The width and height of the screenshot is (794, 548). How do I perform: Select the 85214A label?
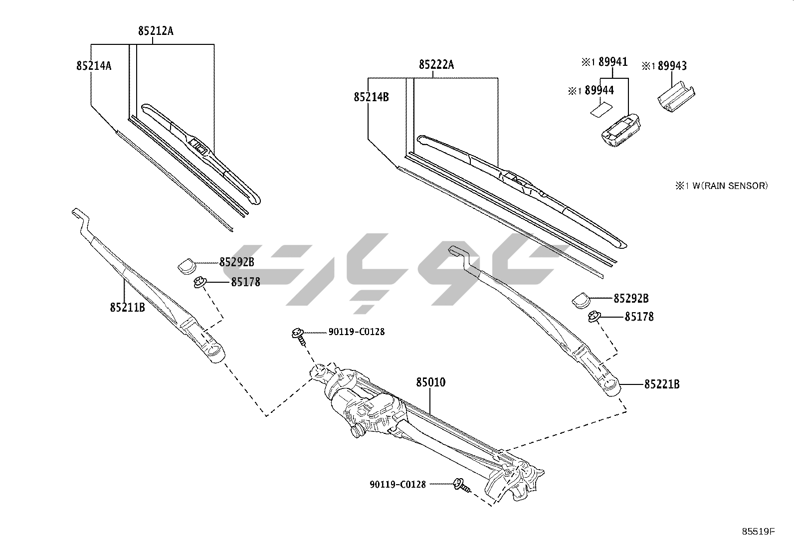[94, 65]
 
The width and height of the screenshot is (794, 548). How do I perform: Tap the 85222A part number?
[436, 65]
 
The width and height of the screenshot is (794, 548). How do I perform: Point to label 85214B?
[371, 97]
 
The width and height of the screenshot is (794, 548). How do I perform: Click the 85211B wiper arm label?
[127, 307]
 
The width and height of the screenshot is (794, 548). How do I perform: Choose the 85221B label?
[662, 384]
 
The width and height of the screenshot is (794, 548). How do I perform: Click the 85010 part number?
[431, 382]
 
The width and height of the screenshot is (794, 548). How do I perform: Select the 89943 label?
[671, 66]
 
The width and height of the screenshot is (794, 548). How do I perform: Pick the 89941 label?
[613, 62]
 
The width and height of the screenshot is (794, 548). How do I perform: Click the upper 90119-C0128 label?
[356, 332]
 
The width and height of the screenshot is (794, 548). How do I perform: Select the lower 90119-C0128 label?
[397, 484]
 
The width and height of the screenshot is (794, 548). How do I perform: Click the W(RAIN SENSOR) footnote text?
[729, 186]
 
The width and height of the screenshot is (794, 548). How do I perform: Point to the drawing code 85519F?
[758, 532]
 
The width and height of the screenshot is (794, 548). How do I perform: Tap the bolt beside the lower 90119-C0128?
[461, 485]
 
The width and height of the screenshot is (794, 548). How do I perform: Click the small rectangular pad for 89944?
[600, 108]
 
